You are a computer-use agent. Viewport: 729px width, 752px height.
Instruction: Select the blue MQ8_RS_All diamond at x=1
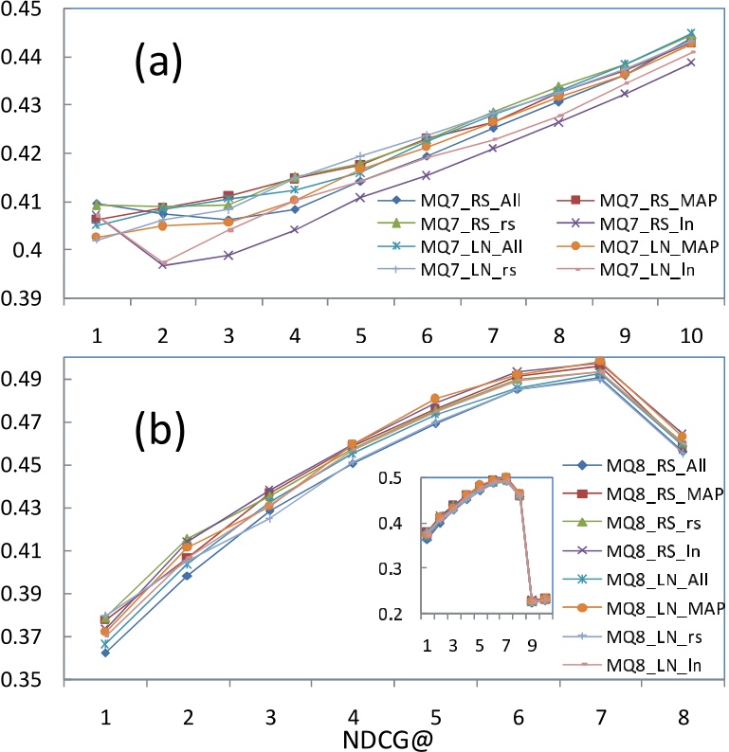click(103, 653)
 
